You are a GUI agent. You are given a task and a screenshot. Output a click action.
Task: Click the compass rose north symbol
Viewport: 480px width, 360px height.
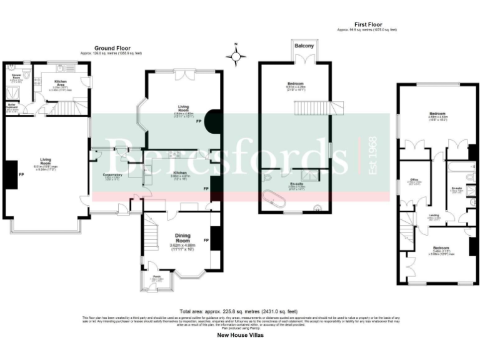236,56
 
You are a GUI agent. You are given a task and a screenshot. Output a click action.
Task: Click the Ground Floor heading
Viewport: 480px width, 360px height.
112,48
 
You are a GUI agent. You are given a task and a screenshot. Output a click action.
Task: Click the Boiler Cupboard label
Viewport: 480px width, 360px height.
12,106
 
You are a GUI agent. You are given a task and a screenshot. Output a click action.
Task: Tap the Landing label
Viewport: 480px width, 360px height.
432,216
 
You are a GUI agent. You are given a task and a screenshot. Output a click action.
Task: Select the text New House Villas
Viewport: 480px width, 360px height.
240,336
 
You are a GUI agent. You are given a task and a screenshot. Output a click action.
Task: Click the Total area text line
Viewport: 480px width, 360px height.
239,311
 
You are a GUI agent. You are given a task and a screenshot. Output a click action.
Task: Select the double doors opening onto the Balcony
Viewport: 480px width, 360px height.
304,59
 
